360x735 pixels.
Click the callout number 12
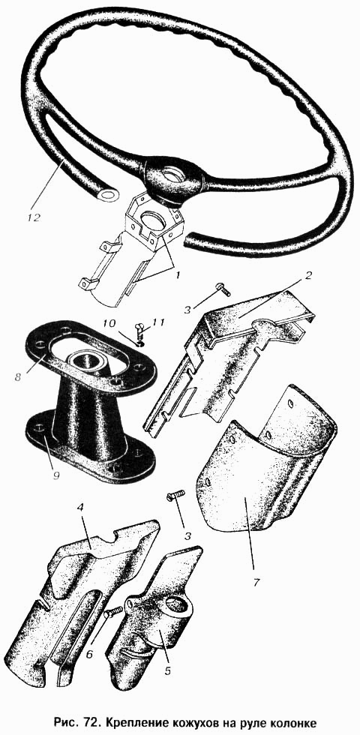(34, 218)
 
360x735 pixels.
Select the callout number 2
(308, 275)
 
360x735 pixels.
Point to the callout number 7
(256, 582)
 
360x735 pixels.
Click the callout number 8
(18, 376)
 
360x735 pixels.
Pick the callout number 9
(56, 475)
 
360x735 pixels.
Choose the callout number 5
(167, 671)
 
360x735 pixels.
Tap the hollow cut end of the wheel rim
(109, 194)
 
